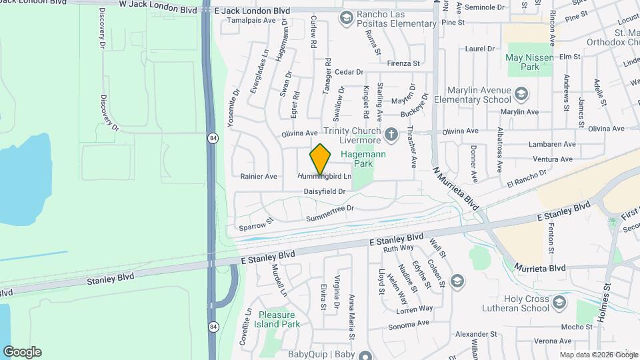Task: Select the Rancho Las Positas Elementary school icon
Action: (x=346, y=17)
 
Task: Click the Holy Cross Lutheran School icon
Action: (x=559, y=303)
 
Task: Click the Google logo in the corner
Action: (x=22, y=352)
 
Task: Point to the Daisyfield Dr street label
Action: (x=324, y=191)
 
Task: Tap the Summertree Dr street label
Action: (x=329, y=213)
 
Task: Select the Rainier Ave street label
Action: (x=259, y=177)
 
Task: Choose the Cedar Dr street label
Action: (x=349, y=72)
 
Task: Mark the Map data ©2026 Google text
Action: (x=598, y=355)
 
